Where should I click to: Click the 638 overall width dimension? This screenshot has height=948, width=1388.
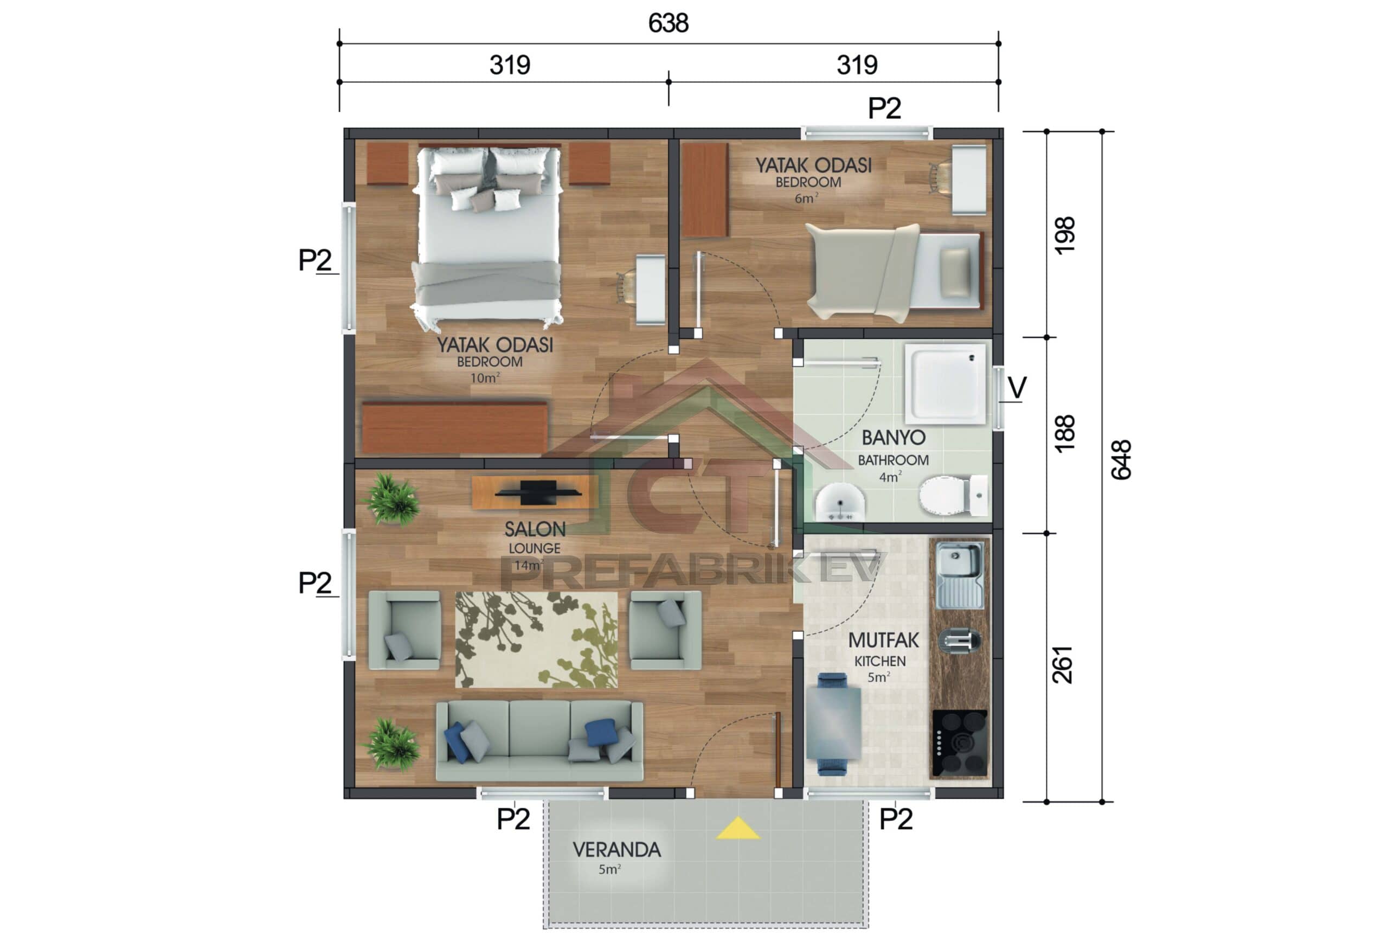point(668,23)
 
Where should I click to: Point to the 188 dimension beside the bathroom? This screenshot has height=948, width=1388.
point(1064,433)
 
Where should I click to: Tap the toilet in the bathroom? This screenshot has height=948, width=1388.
point(951,495)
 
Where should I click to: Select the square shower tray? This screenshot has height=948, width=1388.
point(945,382)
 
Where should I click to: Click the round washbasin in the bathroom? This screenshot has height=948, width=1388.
point(840,502)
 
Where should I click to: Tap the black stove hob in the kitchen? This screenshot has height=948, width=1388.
point(959,744)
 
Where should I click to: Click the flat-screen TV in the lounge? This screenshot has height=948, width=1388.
point(537,492)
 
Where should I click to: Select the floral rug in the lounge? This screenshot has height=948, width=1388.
point(536,640)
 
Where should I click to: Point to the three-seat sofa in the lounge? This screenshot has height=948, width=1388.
point(539,741)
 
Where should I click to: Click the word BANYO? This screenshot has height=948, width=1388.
point(893,438)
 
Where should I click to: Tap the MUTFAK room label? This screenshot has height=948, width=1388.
point(883,640)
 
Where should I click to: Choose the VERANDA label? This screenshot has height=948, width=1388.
point(616,849)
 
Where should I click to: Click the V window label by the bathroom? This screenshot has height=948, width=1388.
point(1017,388)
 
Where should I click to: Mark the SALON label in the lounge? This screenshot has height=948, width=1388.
point(535,529)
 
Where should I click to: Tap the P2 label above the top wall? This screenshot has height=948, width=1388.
point(884,108)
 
